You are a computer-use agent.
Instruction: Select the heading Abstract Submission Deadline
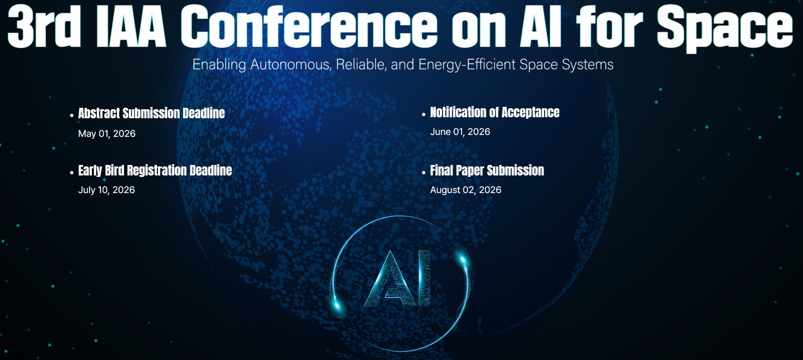151,113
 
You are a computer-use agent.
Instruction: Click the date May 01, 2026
107,134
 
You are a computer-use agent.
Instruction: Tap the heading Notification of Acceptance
494,113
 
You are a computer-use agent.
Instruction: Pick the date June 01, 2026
460,132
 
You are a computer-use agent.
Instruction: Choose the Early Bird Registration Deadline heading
155,171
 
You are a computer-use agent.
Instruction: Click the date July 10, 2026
106,190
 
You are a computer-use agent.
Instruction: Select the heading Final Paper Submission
487,171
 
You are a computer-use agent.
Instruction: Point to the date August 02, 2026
465,190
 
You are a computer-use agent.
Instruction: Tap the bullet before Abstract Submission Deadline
72,115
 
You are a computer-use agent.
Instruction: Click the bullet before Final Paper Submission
423,172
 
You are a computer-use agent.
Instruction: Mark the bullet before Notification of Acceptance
423,114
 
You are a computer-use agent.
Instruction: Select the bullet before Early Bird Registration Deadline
72,172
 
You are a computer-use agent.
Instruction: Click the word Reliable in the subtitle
361,64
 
